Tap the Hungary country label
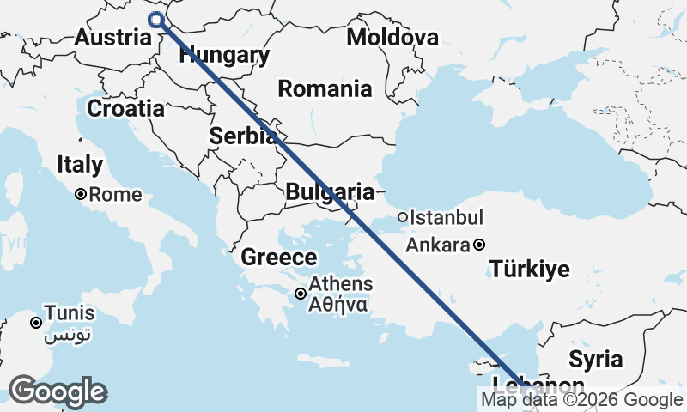[x=224, y=56]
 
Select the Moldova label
[x=392, y=38]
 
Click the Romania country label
[x=325, y=89]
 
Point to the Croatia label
[x=126, y=109]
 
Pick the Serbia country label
[x=243, y=136]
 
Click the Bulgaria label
[x=330, y=192]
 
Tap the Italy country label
[x=80, y=165]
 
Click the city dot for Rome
[x=81, y=195]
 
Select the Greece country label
[x=278, y=257]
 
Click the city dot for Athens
[x=301, y=294]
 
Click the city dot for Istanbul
[x=403, y=218]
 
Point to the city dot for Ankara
[x=479, y=245]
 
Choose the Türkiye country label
[x=529, y=270]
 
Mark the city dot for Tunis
[x=36, y=324]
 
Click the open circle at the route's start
[x=156, y=20]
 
